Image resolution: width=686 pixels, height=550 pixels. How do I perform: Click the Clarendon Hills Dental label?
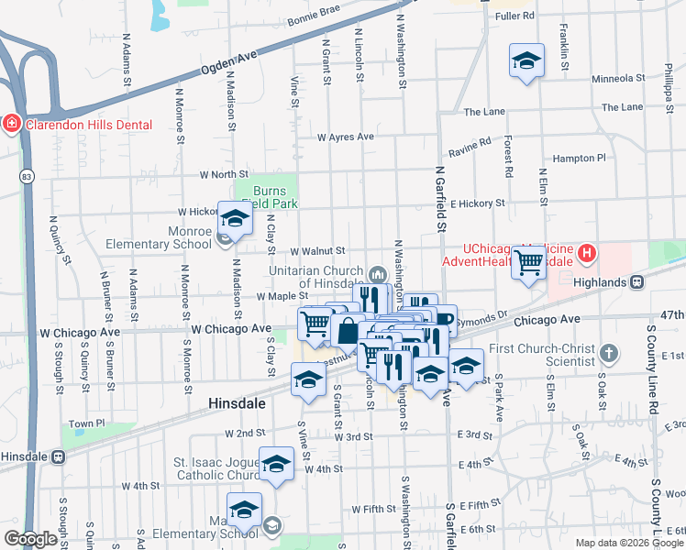pyautogui.click(x=89, y=125)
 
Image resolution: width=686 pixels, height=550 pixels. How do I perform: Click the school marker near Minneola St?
pyautogui.click(x=526, y=62)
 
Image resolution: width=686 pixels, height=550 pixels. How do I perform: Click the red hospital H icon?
pyautogui.click(x=587, y=253)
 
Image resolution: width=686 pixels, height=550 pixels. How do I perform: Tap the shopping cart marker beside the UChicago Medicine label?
pyautogui.click(x=529, y=262)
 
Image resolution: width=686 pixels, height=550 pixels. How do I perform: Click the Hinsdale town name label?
pyautogui.click(x=236, y=403)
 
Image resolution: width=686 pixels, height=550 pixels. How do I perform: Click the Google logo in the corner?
pyautogui.click(x=31, y=539)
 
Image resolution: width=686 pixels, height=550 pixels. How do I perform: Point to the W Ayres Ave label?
pyautogui.click(x=346, y=137)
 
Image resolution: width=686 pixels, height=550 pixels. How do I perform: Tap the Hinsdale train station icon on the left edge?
pyautogui.click(x=59, y=456)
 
